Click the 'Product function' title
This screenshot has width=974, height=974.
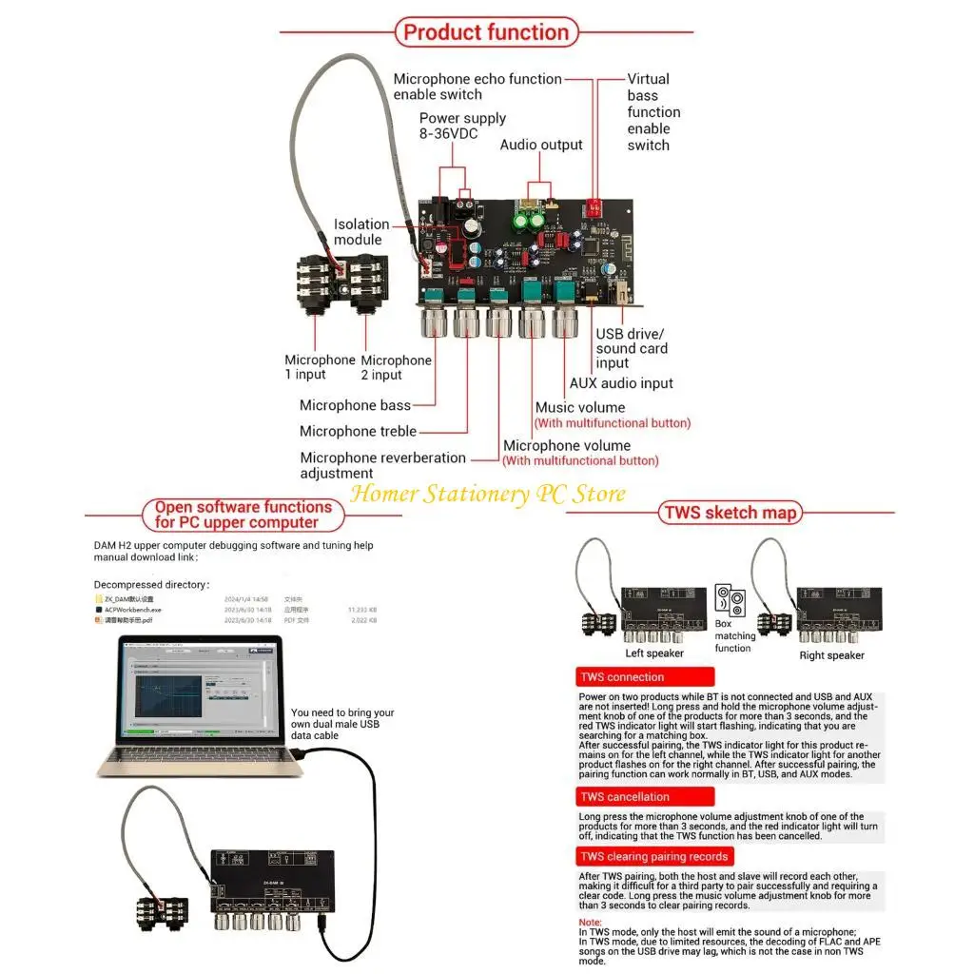[486, 31]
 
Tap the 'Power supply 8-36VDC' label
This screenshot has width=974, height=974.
[462, 127]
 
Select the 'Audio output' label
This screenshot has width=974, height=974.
[541, 145]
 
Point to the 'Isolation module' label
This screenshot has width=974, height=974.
[360, 232]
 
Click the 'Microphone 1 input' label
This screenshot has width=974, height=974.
[320, 367]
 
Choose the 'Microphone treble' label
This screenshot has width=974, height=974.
[358, 431]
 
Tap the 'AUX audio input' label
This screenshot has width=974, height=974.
[620, 383]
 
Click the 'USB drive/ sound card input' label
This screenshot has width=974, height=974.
[632, 348]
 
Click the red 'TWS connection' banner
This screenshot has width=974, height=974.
[645, 677]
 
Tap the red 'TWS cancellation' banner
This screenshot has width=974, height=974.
[645, 797]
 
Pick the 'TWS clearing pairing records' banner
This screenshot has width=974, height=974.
[654, 857]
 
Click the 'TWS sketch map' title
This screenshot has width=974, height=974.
[730, 514]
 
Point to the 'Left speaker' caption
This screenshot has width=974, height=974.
[653, 653]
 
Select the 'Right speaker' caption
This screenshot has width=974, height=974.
[831, 655]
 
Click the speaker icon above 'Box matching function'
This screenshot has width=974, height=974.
[732, 599]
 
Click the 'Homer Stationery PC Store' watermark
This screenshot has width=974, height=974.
[488, 494]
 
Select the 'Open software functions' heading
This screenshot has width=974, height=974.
[243, 515]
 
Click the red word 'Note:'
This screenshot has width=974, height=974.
[590, 923]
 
